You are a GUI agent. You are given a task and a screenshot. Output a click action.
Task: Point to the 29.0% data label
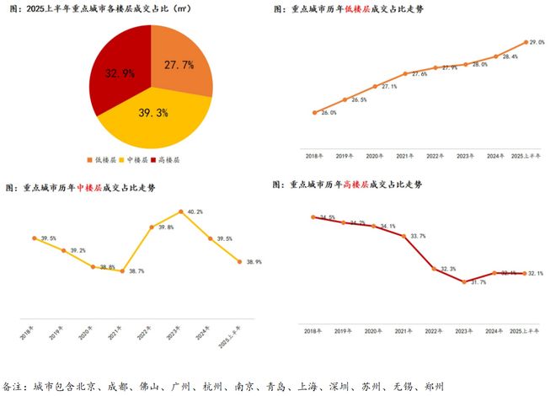(535, 42)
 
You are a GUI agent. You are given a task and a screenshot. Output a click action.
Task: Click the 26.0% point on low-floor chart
(313, 112)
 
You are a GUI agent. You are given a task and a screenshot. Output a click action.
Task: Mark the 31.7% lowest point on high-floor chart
(464, 281)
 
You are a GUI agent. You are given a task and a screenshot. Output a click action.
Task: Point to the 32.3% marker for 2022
(434, 269)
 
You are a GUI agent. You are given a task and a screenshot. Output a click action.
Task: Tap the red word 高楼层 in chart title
(359, 184)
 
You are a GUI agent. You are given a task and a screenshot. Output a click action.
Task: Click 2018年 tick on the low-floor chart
(313, 157)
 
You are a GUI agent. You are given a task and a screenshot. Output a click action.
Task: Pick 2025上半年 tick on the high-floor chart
(525, 332)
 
